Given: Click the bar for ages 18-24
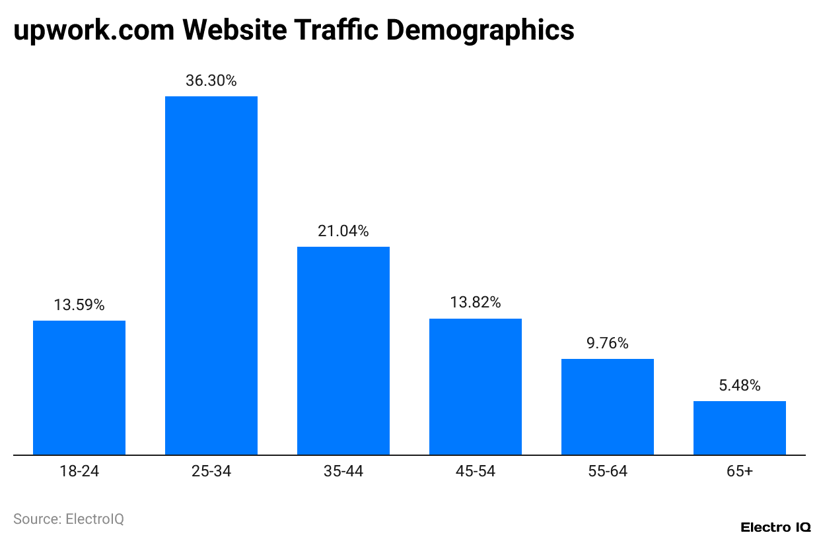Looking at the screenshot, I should click(x=79, y=387).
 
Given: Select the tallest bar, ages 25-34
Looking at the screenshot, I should click(x=211, y=276).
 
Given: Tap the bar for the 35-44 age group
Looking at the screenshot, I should click(x=343, y=350).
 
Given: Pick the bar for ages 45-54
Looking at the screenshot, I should click(x=476, y=387).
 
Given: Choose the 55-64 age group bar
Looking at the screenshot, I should click(x=608, y=406).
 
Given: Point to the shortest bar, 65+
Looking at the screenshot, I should click(x=740, y=428).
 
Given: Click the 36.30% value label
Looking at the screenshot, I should click(x=211, y=81).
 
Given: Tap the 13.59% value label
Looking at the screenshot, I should click(x=79, y=305).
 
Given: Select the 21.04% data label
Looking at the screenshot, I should click(x=343, y=231).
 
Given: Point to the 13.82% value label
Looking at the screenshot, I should click(x=476, y=303).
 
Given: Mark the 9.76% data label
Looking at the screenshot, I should click(x=608, y=343).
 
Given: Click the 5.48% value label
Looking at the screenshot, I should click(x=740, y=385).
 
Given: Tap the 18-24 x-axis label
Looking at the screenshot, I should click(x=79, y=471).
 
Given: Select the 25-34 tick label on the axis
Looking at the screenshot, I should click(x=211, y=471).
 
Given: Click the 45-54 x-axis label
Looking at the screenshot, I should click(x=476, y=471).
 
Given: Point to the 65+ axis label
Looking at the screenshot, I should click(x=740, y=471).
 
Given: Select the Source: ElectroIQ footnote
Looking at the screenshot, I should click(x=69, y=519).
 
